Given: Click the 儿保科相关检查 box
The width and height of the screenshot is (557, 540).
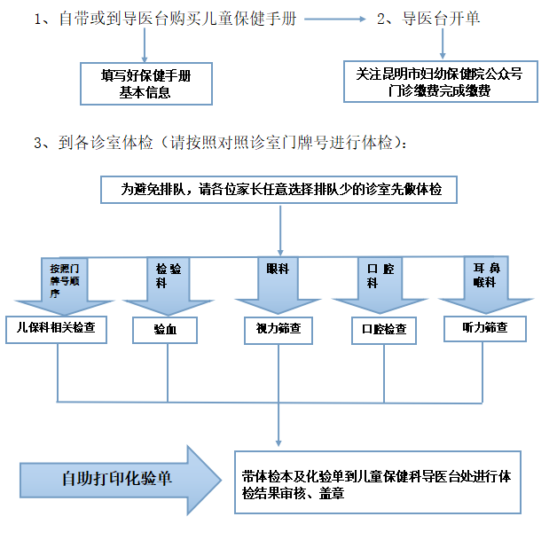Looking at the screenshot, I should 57,330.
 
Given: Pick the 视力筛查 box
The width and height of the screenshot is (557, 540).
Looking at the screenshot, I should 278,330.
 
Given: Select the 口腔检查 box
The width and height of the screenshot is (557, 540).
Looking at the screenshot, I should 384,330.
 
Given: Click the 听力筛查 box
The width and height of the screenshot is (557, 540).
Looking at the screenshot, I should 485,328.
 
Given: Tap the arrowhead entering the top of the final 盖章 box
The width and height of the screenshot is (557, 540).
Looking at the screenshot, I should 280,442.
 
